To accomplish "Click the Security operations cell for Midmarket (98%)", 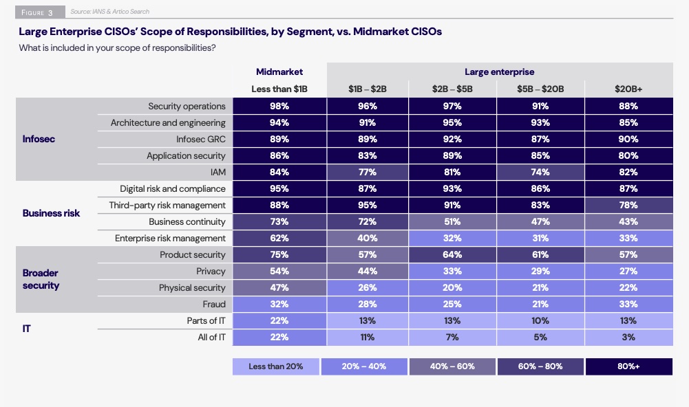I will click(279, 106).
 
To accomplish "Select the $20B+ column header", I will click(628, 89).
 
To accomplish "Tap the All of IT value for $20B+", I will click(628, 337).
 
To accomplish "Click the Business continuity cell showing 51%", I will click(452, 221).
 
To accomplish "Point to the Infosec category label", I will click(39, 139).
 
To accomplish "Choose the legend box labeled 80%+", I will click(628, 366).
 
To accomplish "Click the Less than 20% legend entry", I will click(276, 366).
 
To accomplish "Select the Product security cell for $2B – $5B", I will click(452, 254).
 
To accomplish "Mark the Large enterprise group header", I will click(499, 71).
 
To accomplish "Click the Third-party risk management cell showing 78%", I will click(628, 205).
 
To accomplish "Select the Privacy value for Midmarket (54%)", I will click(279, 271).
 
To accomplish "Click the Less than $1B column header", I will click(279, 89).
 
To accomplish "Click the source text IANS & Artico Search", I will click(110, 12).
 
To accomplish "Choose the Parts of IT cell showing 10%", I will click(540, 320).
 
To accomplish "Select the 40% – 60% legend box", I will click(452, 366).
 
